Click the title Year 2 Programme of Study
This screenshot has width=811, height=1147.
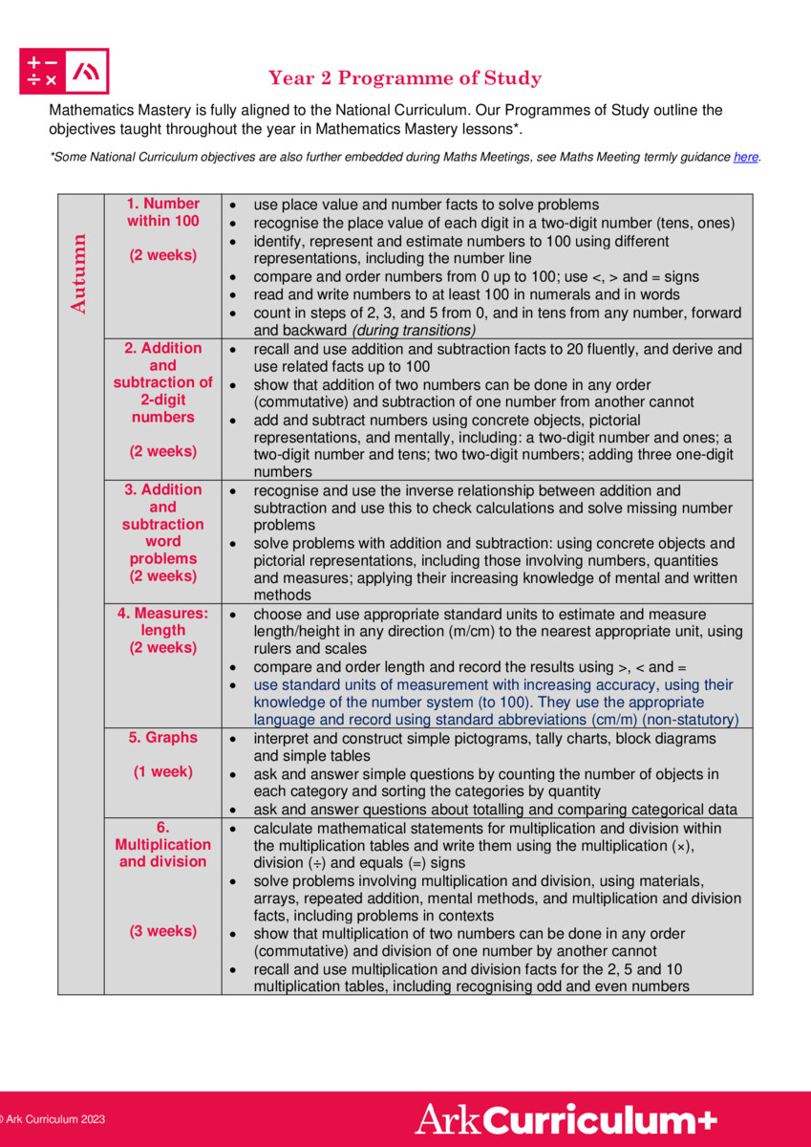(x=405, y=78)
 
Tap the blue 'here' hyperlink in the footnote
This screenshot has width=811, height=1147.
(x=746, y=157)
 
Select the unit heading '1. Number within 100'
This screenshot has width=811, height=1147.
(x=163, y=212)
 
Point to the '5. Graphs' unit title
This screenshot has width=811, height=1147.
(x=163, y=738)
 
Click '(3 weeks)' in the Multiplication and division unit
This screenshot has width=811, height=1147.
(x=163, y=931)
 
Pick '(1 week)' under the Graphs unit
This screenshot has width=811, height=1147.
(x=163, y=772)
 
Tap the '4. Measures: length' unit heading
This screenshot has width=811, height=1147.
(x=163, y=622)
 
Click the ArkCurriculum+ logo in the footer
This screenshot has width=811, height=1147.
(x=566, y=1119)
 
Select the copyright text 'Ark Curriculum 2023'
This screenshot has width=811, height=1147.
(x=54, y=1119)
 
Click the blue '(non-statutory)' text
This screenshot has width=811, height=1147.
(x=690, y=719)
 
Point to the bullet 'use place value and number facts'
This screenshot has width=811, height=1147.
(x=426, y=205)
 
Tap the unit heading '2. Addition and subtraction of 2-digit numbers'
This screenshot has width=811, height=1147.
(x=163, y=382)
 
